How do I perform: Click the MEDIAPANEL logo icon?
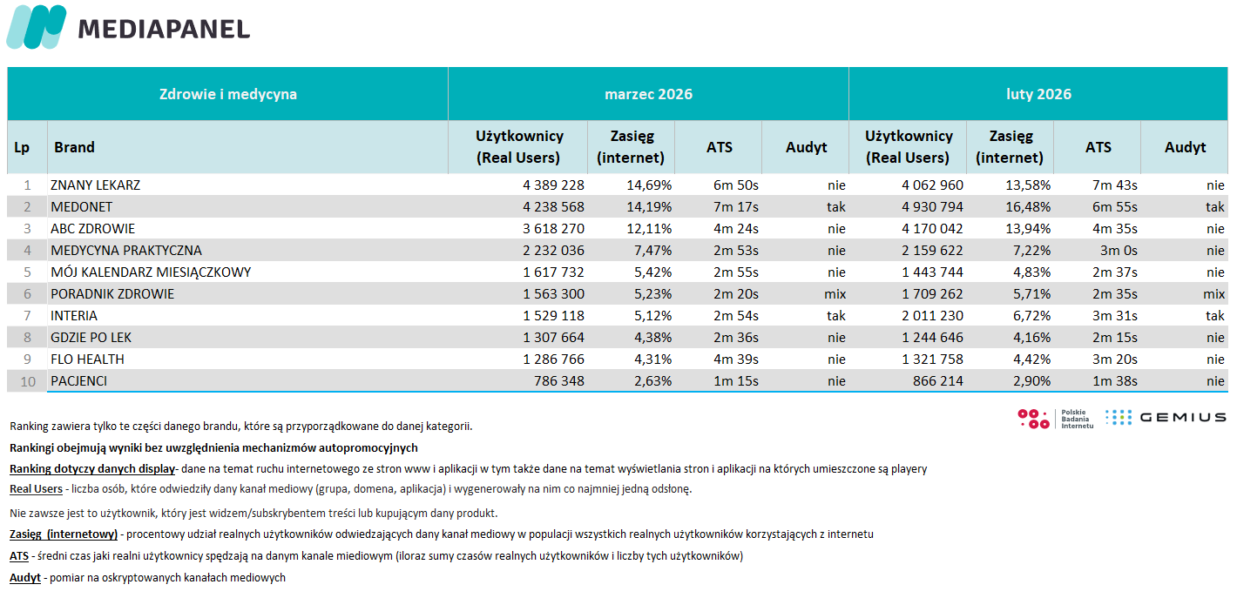[x=37, y=27]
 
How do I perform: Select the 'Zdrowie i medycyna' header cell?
[x=227, y=94]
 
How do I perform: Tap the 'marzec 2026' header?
[x=648, y=94]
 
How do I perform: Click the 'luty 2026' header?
[x=1038, y=94]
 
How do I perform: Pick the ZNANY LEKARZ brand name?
[x=96, y=185]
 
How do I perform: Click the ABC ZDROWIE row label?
[x=93, y=229]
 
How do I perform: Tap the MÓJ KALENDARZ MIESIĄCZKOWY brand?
[x=151, y=272]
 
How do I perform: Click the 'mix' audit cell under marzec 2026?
[x=835, y=294]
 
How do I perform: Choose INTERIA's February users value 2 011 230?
[x=927, y=316]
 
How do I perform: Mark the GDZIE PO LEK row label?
[x=91, y=338]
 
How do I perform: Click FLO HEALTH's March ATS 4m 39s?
[x=736, y=359]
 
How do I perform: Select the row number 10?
[x=27, y=381]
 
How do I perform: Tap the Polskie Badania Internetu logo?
[x=1055, y=419]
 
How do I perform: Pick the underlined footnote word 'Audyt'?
[x=25, y=578]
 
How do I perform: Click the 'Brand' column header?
[x=75, y=147]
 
